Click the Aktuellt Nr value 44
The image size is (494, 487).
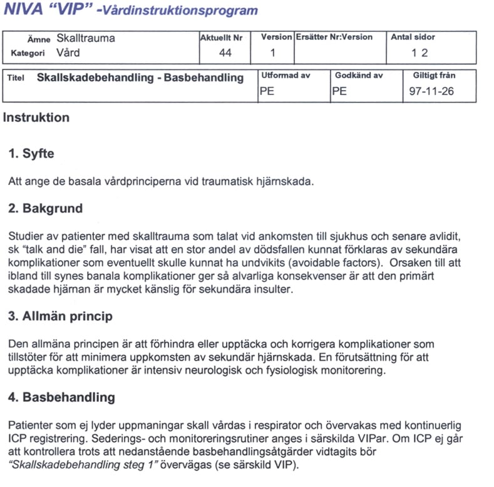click(x=225, y=53)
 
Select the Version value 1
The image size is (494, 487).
click(x=272, y=53)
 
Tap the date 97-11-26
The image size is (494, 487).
click(x=431, y=91)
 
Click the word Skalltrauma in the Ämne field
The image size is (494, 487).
click(x=86, y=38)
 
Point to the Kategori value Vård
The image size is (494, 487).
click(x=68, y=53)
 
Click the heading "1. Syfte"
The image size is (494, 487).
click(x=31, y=154)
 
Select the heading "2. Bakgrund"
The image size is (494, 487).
click(x=45, y=208)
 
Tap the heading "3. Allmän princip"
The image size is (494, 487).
click(x=60, y=316)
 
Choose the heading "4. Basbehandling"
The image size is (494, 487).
click(x=61, y=397)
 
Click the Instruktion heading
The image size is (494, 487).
click(x=36, y=118)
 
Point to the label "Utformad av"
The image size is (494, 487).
click(x=285, y=76)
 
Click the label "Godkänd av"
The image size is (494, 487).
click(x=359, y=76)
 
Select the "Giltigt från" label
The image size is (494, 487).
click(x=434, y=76)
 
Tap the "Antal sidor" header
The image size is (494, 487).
click(x=413, y=38)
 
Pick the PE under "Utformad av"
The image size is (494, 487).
click(x=267, y=91)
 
